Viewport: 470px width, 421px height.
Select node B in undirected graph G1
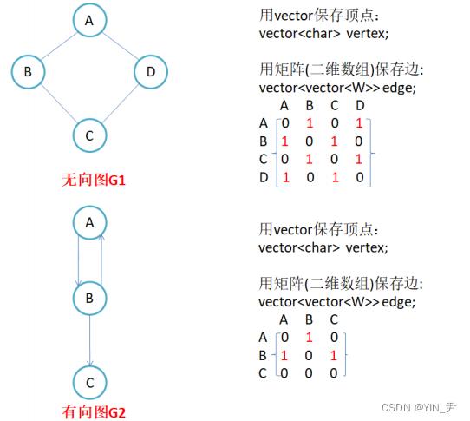pyautogui.click(x=29, y=72)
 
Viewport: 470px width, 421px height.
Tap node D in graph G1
pyautogui.click(x=150, y=72)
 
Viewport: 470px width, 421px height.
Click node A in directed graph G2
pyautogui.click(x=88, y=223)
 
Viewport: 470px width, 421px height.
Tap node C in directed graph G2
pyautogui.click(x=88, y=382)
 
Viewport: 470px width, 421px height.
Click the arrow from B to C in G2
pyautogui.click(x=88, y=341)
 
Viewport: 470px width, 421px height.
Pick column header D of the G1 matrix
pyautogui.click(x=360, y=106)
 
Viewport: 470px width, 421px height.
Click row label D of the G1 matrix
pyautogui.click(x=264, y=177)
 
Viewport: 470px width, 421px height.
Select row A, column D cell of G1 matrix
pyautogui.click(x=360, y=124)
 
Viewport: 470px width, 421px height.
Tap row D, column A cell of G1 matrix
pyautogui.click(x=285, y=177)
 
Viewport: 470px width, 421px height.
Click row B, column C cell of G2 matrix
pyautogui.click(x=333, y=355)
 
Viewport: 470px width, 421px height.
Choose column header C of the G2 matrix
pyautogui.click(x=333, y=319)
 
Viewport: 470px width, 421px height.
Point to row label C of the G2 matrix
pyautogui.click(x=264, y=372)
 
